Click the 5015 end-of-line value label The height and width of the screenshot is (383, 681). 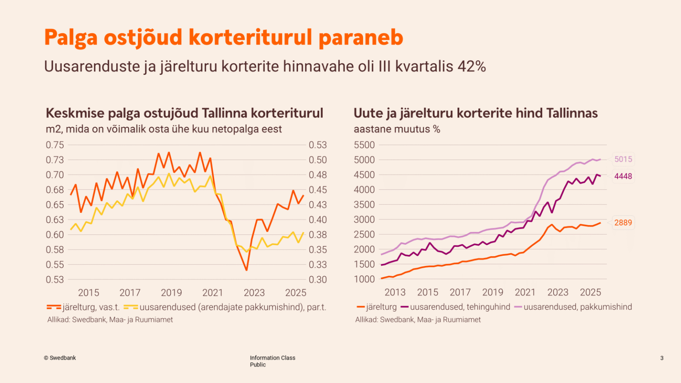click(x=623, y=159)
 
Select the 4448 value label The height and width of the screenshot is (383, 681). click(x=623, y=176)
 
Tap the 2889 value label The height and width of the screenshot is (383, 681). click(x=623, y=223)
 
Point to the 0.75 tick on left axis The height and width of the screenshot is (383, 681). click(x=55, y=145)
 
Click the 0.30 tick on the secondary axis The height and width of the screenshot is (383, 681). click(x=317, y=279)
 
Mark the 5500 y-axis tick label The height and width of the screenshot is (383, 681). click(x=364, y=145)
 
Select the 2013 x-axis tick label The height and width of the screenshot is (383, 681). click(x=395, y=293)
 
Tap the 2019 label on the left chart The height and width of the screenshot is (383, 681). click(x=171, y=293)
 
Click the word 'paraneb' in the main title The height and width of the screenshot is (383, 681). click(x=361, y=37)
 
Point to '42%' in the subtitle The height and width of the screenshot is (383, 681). click(x=472, y=66)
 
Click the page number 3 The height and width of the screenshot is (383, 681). click(x=661, y=358)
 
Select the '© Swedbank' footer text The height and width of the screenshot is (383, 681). click(x=60, y=358)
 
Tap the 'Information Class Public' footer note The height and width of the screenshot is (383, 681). click(x=272, y=361)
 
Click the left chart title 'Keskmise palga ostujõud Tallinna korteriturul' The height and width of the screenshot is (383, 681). click(x=184, y=113)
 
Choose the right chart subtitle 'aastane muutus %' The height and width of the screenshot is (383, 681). click(x=397, y=129)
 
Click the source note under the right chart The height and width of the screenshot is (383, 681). click(x=418, y=320)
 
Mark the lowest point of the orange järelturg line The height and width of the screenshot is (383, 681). click(x=246, y=270)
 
